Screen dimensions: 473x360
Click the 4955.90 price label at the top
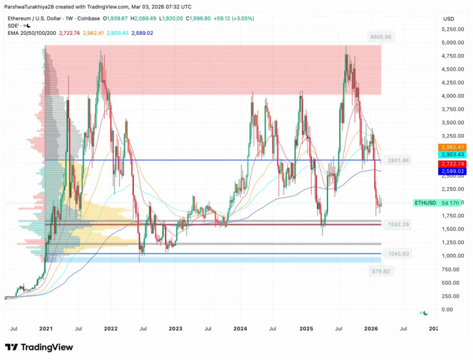click(381, 37)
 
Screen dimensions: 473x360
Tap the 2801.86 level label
click(398, 160)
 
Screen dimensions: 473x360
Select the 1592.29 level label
click(398, 224)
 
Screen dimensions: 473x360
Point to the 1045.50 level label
click(398, 254)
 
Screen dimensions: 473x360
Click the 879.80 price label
click(381, 271)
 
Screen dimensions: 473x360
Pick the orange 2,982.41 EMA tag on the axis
click(453, 147)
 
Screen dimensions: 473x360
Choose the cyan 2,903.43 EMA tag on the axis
click(453, 154)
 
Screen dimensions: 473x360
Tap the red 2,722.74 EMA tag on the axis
click(453, 164)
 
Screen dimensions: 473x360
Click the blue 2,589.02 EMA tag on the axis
click(453, 171)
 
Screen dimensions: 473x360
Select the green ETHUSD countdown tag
click(437, 203)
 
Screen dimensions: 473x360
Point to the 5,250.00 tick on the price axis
click(453, 29)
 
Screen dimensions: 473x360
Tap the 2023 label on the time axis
click(175, 329)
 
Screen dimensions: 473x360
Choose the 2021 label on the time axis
click(46, 329)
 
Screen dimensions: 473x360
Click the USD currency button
click(448, 19)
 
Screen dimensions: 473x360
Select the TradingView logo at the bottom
click(39, 347)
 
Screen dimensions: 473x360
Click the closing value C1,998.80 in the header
click(198, 19)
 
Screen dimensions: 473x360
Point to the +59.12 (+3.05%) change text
click(234, 19)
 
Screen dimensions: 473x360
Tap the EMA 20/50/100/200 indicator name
click(32, 33)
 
